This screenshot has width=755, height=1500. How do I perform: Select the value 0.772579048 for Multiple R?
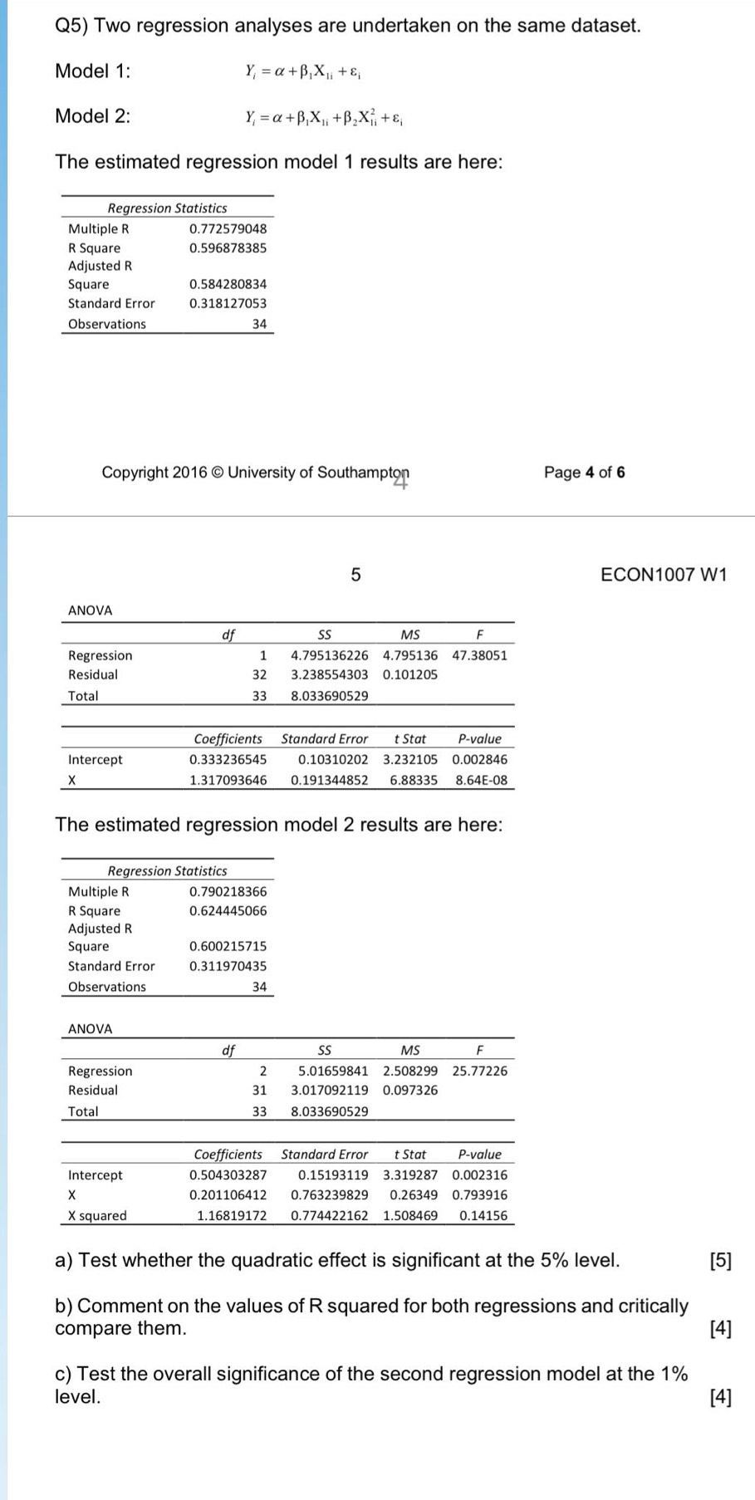[228, 228]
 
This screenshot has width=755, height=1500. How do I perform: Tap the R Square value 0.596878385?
[228, 248]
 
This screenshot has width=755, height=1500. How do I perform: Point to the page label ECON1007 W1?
[663, 575]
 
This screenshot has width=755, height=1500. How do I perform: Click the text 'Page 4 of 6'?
[584, 473]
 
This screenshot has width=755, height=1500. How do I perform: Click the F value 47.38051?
[479, 655]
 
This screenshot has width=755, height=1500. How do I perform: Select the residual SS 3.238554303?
[329, 674]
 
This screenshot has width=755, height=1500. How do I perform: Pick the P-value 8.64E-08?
[481, 780]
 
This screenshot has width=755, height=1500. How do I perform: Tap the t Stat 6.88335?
[414, 780]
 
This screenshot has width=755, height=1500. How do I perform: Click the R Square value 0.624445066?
[228, 910]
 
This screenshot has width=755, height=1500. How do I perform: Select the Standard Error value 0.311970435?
[228, 966]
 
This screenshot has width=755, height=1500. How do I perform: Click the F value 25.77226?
[479, 1071]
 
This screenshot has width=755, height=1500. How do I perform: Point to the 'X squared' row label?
[97, 1215]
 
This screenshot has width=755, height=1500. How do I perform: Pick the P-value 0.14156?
[483, 1215]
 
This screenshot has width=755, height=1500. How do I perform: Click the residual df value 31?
[259, 1090]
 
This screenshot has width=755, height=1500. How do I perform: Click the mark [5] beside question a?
[721, 1261]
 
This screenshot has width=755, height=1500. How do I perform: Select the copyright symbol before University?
[218, 473]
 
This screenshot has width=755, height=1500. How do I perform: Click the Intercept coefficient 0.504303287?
[228, 1174]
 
